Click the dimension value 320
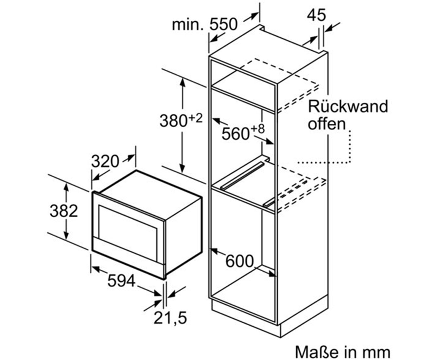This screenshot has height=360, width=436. pos(105,161)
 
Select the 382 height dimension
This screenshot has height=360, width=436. pos(64,211)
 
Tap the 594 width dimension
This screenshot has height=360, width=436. pos(121,281)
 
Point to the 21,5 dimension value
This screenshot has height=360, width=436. pos(170,318)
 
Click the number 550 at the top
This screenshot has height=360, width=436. pos(223,24)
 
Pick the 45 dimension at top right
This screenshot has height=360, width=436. pos(316,15)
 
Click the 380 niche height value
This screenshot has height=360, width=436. pos(173,121)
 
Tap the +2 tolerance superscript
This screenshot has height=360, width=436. pos(196,118)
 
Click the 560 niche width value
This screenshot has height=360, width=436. pos(235,134)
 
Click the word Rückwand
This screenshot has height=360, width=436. pos(348,106)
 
